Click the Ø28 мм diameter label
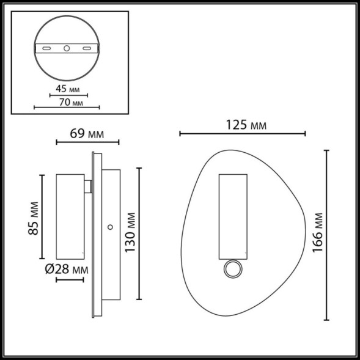pyautogui.click(x=66, y=269)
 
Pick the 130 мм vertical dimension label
pyautogui.click(x=129, y=233)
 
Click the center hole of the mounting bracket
pyautogui.click(x=67, y=48)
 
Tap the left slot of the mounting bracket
pyautogui.click(x=46, y=48)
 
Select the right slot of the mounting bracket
pyautogui.click(x=87, y=48)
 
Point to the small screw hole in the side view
pyautogui.click(x=110, y=227)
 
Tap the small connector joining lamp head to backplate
pyautogui.click(x=89, y=186)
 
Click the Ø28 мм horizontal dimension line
pyautogui.click(x=69, y=280)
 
